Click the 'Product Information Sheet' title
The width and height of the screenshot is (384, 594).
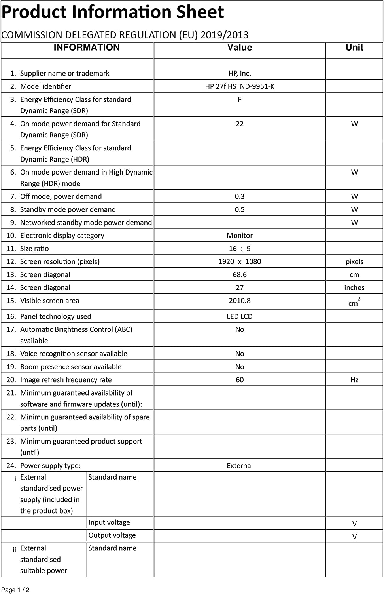(x=113, y=12)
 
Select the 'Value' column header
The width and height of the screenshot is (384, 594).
(x=240, y=48)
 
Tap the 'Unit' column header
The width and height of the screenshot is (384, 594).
(x=354, y=48)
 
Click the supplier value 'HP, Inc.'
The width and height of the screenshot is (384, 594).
(x=240, y=73)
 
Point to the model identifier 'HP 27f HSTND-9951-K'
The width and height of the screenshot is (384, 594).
(x=240, y=86)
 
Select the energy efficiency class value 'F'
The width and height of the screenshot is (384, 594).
(x=240, y=99)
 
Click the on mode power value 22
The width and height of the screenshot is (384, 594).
(x=240, y=124)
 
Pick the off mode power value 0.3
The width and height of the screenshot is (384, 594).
(x=240, y=196)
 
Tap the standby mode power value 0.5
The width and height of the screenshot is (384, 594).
(x=240, y=209)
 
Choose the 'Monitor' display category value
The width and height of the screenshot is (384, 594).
(x=240, y=235)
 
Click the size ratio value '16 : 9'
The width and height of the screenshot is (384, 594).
(x=240, y=248)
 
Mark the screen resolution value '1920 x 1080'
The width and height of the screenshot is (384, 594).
(x=240, y=261)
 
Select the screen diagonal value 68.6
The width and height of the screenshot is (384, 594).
(x=240, y=274)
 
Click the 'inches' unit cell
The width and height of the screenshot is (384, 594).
(x=354, y=287)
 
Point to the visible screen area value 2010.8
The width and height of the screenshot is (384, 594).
(x=240, y=301)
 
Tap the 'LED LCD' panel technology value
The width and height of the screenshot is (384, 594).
(x=240, y=316)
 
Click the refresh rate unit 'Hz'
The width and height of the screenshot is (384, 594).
(x=354, y=380)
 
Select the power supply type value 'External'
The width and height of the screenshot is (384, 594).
(x=240, y=466)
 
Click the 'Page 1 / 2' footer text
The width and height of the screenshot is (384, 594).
(x=16, y=590)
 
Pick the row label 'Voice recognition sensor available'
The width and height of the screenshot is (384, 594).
(x=74, y=354)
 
